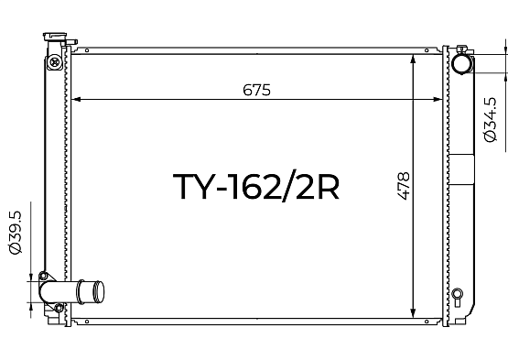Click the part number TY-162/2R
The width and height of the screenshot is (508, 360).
point(256,186)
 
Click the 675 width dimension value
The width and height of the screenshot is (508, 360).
point(256,90)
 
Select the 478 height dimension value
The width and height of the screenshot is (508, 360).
point(404,186)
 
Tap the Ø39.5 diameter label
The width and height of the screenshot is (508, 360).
point(16,233)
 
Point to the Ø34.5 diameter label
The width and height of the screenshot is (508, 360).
point(490,119)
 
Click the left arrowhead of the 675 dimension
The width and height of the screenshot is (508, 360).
point(76,99)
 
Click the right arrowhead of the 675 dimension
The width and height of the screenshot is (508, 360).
point(438,99)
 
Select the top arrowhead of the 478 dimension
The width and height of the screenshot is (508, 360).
point(413,60)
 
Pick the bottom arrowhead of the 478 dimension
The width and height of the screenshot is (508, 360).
point(413,313)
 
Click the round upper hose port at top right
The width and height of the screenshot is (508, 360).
point(462,64)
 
